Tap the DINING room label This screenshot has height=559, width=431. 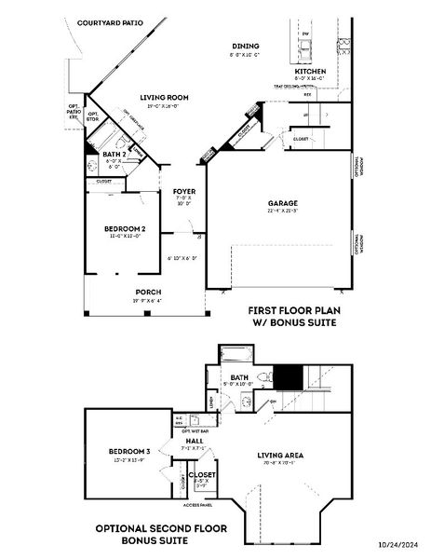(246, 46)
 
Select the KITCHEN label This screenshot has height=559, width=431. (309, 71)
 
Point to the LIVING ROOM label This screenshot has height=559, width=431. (165, 97)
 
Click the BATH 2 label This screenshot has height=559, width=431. (114, 154)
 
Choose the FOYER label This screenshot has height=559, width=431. (183, 192)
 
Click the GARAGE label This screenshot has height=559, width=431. (283, 203)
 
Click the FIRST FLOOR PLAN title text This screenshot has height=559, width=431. (291, 310)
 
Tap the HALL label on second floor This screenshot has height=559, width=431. (195, 441)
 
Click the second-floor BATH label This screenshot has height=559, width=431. (239, 376)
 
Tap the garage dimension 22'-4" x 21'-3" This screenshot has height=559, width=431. (283, 211)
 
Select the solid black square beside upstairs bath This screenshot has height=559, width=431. (290, 377)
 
